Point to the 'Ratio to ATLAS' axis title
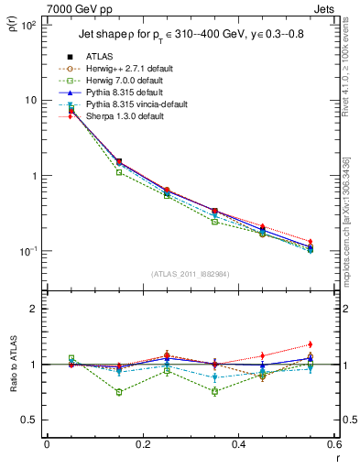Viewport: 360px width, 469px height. coord(13,365)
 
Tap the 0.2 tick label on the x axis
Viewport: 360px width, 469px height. coord(142,444)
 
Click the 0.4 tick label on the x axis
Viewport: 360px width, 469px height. coord(237,444)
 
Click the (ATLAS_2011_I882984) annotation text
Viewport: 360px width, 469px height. coord(190,274)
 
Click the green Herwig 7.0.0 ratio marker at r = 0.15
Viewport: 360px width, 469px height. coord(119,392)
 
